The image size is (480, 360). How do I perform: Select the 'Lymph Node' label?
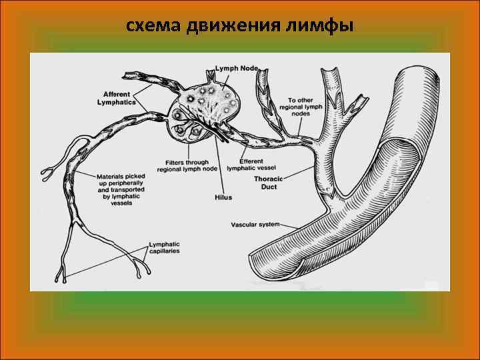237,69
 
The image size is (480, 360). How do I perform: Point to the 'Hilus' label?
223,197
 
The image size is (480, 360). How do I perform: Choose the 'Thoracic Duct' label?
268,183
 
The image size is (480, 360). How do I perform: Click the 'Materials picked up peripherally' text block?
120,189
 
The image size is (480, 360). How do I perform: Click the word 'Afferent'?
117,94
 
